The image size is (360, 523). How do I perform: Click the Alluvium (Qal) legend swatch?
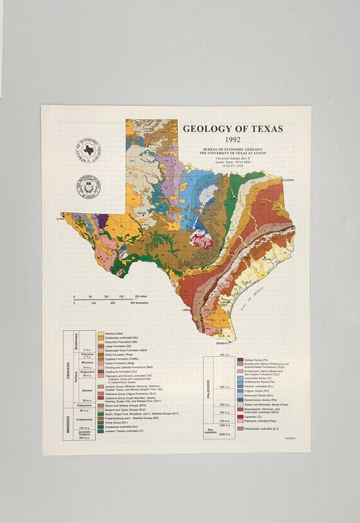coord(101,333)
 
